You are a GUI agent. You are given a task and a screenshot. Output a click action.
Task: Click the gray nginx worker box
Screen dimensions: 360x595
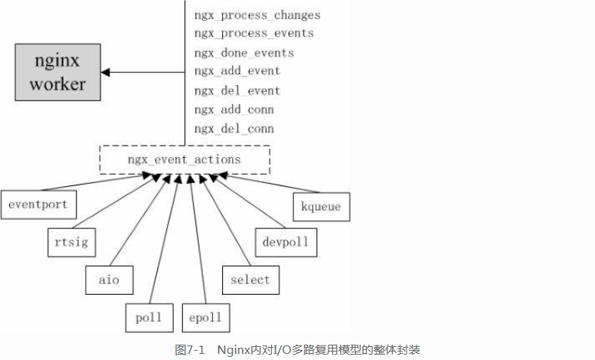click(57, 72)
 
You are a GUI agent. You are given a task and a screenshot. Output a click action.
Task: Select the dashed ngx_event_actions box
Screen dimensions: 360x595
click(185, 160)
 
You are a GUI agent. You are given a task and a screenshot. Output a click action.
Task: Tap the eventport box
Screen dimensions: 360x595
click(38, 205)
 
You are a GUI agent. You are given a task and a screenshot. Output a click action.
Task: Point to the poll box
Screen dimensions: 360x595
click(149, 317)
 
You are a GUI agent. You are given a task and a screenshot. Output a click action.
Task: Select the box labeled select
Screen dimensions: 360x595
click(250, 280)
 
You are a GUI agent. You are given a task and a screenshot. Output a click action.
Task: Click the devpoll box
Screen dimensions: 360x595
click(286, 242)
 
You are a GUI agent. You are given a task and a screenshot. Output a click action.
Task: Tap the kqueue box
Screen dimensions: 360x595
click(322, 207)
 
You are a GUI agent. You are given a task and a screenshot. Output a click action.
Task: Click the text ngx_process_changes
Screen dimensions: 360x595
click(257, 15)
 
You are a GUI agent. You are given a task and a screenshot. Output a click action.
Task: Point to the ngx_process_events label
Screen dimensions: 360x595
click(253, 34)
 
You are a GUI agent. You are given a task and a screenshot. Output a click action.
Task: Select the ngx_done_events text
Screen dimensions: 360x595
click(244, 53)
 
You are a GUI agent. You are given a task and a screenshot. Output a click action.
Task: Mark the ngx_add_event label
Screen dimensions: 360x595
click(237, 71)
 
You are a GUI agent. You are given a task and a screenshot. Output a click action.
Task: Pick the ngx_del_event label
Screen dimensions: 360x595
click(237, 90)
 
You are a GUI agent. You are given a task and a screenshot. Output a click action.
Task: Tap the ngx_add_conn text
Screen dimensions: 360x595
click(234, 110)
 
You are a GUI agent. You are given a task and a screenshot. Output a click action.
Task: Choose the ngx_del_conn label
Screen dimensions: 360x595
click(234, 129)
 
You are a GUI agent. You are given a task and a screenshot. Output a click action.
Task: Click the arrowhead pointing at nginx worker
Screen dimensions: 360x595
click(106, 72)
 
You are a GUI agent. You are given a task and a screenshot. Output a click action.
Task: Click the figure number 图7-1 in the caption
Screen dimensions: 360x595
click(189, 349)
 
